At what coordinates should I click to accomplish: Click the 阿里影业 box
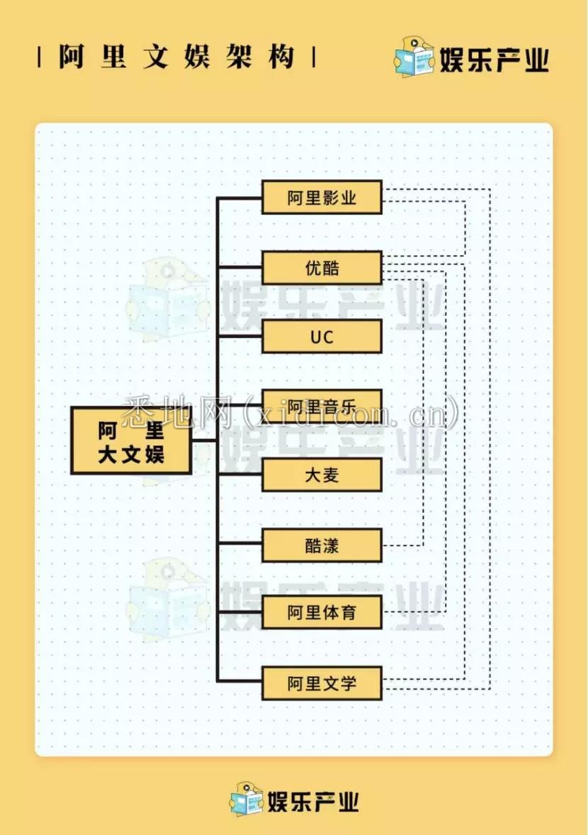point(322,198)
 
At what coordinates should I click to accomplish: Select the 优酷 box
point(322,268)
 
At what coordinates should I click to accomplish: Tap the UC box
point(322,336)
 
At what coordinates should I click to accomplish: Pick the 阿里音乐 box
point(322,407)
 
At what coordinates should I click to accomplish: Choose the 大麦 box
point(322,475)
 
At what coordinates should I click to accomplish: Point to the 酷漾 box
point(322,545)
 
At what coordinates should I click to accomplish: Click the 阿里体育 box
point(322,613)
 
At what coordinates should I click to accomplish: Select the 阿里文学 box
point(322,683)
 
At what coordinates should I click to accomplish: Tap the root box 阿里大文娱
point(131,441)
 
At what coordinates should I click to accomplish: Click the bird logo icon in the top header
point(414,57)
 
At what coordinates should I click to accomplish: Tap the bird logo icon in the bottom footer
point(246,800)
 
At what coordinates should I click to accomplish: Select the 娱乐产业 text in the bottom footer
point(312,801)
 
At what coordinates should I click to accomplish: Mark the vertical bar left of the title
point(40,57)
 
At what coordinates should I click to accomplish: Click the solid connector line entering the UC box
point(239,336)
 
